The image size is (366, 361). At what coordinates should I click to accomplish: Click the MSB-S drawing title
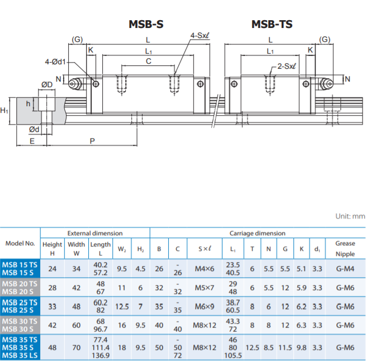[x=146, y=24]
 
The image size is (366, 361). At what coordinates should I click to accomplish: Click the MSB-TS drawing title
[x=272, y=24]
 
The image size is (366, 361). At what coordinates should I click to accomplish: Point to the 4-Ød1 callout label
[x=55, y=62]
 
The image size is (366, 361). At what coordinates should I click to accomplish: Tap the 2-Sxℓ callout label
[x=287, y=66]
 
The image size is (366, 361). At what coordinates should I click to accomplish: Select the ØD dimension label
[x=47, y=84]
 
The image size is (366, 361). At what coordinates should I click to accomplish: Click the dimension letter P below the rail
[x=92, y=141]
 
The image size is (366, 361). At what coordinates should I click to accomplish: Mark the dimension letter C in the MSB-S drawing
[x=149, y=61]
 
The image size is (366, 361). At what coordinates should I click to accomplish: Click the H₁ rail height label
[x=4, y=110]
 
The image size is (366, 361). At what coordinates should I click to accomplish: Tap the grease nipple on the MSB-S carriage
[x=75, y=84]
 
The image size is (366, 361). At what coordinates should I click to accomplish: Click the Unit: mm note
[x=350, y=216]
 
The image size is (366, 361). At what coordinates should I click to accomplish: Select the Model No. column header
[x=20, y=243]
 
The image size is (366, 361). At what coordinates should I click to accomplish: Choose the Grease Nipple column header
[x=345, y=249]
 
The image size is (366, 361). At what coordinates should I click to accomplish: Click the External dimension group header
[x=95, y=233]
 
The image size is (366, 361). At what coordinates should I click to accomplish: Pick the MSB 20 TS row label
[x=20, y=284]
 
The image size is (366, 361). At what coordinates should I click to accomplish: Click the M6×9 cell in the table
[x=205, y=306]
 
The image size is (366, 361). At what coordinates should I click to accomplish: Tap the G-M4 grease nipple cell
[x=345, y=269]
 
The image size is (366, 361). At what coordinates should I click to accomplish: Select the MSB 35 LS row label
[x=20, y=355]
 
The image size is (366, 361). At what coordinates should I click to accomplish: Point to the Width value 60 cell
[x=77, y=325]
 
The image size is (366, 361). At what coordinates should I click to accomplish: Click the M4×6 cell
[x=205, y=269]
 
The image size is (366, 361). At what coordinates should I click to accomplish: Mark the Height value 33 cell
[x=53, y=306]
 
